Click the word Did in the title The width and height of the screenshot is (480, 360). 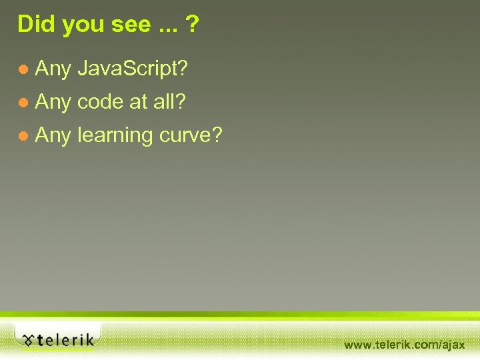34,24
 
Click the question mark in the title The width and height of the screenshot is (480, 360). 192,24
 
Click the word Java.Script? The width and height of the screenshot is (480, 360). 133,68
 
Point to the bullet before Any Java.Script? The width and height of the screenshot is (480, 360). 23,69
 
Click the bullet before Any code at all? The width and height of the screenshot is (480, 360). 23,103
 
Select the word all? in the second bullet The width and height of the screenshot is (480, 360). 170,102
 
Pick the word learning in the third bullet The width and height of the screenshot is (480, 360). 115,136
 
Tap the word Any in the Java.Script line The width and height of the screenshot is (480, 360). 53,68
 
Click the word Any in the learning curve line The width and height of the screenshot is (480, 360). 53,136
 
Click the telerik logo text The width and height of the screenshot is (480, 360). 65,340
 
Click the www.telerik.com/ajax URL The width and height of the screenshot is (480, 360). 404,345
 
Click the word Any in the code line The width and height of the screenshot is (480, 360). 53,102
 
